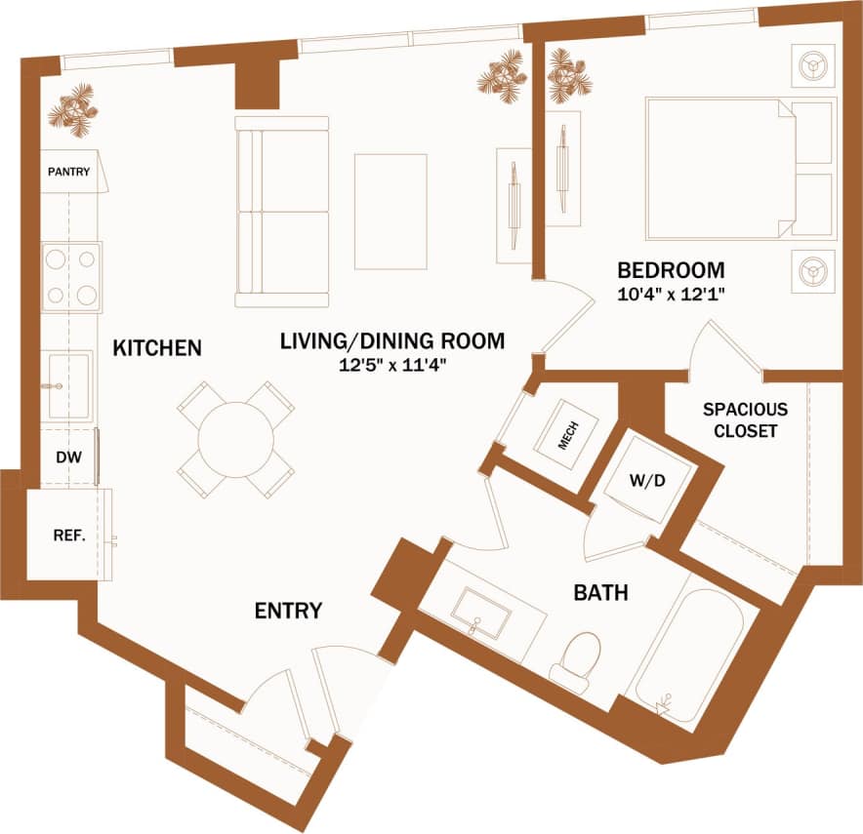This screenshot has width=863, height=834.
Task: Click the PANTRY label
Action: (69, 173)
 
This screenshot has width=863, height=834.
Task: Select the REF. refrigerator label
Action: (69, 535)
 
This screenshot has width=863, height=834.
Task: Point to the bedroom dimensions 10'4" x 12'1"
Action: (670, 293)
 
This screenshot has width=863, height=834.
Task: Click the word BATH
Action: (600, 592)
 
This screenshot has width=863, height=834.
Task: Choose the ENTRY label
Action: (288, 612)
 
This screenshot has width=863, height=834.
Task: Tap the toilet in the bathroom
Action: (580, 659)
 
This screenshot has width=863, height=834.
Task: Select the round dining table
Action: (236, 439)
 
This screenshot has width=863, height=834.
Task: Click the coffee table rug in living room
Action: (390, 211)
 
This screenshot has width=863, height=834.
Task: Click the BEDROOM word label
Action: (670, 269)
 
